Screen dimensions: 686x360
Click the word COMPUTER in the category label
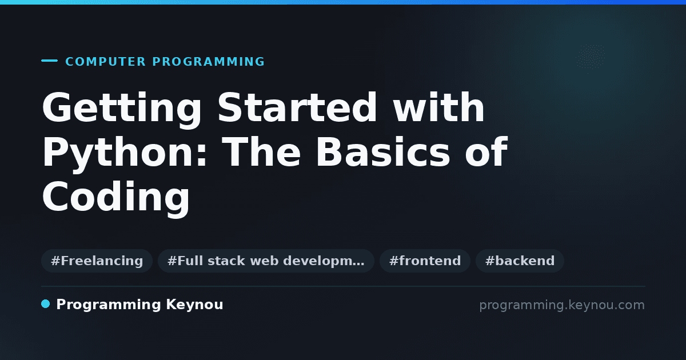click(x=105, y=62)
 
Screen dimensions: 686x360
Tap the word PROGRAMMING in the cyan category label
click(x=208, y=62)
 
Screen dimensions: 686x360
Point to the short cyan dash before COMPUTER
click(x=49, y=61)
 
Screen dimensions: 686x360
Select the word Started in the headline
click(x=297, y=107)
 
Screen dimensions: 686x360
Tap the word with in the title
click(x=438, y=107)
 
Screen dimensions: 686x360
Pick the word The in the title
click(x=261, y=152)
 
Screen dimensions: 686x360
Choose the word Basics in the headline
click(x=382, y=152)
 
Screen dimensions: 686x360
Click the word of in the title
click(x=486, y=152)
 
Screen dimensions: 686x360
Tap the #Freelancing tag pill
click(x=97, y=261)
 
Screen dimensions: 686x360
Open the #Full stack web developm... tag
click(x=266, y=261)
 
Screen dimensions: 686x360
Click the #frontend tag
click(x=425, y=261)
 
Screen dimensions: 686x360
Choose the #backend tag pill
click(x=520, y=261)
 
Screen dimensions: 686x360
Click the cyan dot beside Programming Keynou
click(x=45, y=304)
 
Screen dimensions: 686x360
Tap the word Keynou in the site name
click(x=194, y=305)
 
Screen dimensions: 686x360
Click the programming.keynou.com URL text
click(x=562, y=305)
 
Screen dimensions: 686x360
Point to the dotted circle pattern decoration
click(x=590, y=57)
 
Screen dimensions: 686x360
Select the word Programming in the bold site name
click(x=109, y=305)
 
